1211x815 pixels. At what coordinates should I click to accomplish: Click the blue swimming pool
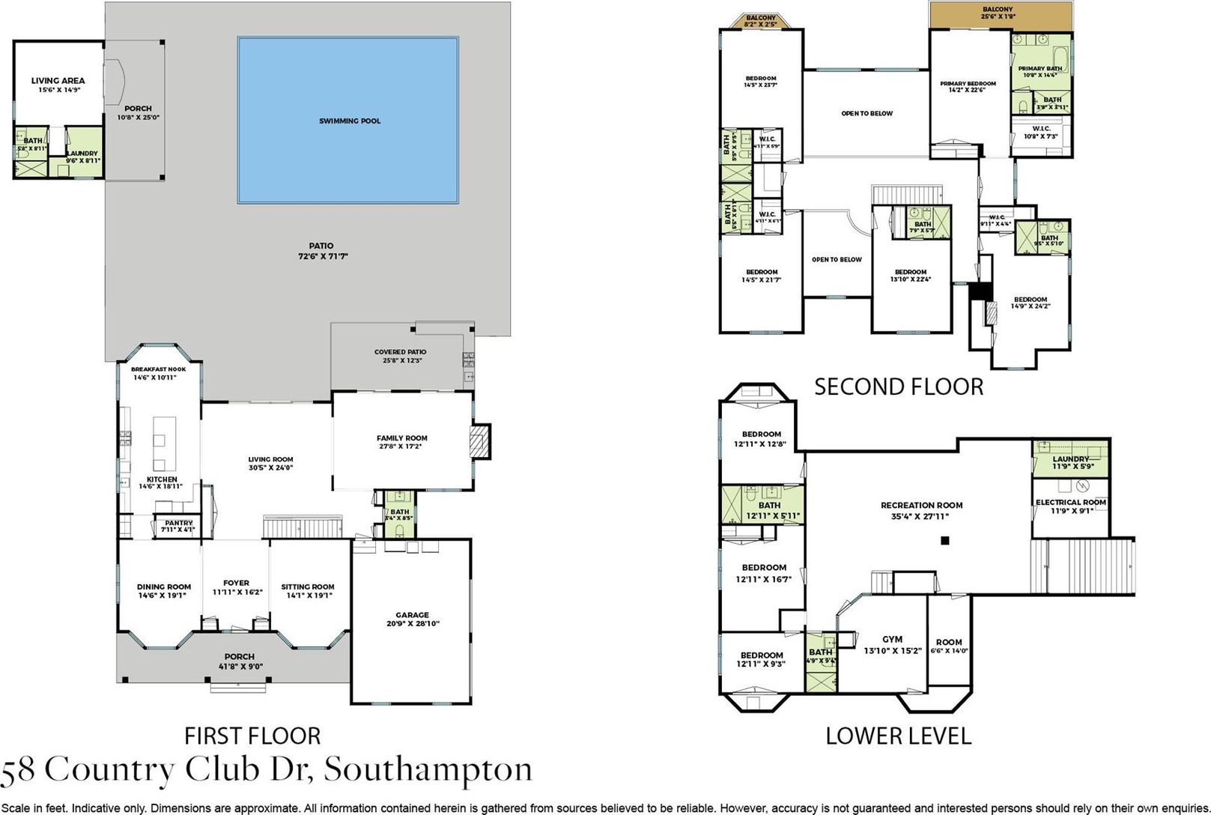pyautogui.click(x=348, y=120)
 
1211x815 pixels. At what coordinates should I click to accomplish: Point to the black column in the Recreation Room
pyautogui.click(x=946, y=539)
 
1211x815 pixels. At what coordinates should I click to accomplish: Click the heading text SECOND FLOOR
pyautogui.click(x=898, y=387)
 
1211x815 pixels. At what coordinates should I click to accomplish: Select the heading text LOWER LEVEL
pyautogui.click(x=898, y=736)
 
